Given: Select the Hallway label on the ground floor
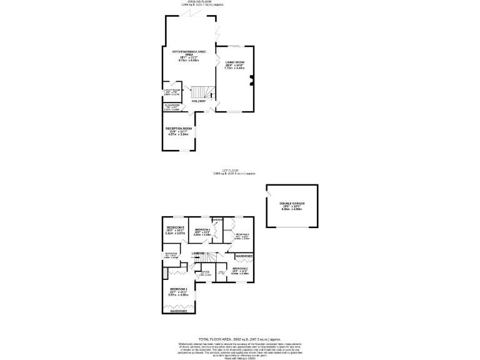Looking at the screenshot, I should (199, 101).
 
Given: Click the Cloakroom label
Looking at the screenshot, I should (172, 107).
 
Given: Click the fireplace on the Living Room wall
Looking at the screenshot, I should (251, 79).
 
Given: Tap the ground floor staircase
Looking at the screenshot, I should (199, 92).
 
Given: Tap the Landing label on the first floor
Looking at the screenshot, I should (198, 252).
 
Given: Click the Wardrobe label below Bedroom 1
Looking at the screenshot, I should (178, 311).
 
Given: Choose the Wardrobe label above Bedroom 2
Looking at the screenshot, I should (244, 257).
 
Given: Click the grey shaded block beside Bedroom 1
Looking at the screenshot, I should (164, 273).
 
